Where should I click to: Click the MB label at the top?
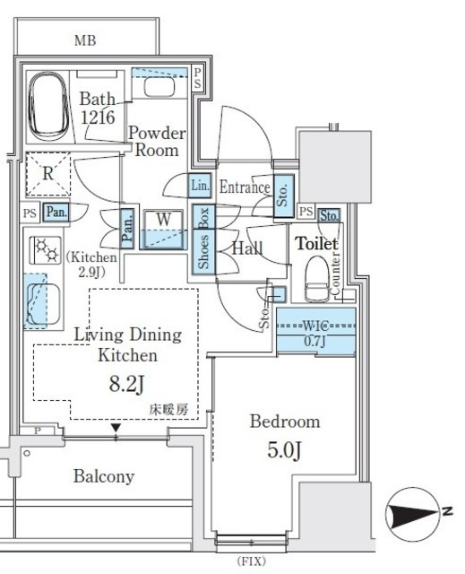click(x=86, y=40)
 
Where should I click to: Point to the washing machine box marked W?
click(x=162, y=218)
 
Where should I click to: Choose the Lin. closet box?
click(x=200, y=186)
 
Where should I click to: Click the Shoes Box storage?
click(x=203, y=239)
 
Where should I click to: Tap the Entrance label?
click(x=244, y=187)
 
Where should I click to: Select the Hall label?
click(x=247, y=248)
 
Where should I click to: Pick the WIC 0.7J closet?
click(x=315, y=331)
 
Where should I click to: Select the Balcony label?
click(x=104, y=476)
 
